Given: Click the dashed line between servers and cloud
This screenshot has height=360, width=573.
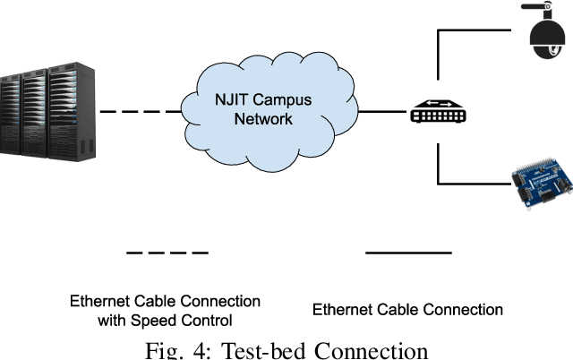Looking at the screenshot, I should pos(139,114).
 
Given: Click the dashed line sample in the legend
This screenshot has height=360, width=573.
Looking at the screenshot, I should pos(167,253).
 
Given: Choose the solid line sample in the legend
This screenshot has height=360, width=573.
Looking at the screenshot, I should pos(407,253).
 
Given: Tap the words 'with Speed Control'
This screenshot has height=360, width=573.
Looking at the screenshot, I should pos(166,319).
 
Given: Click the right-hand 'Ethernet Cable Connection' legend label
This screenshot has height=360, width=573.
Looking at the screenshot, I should pos(407,310).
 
